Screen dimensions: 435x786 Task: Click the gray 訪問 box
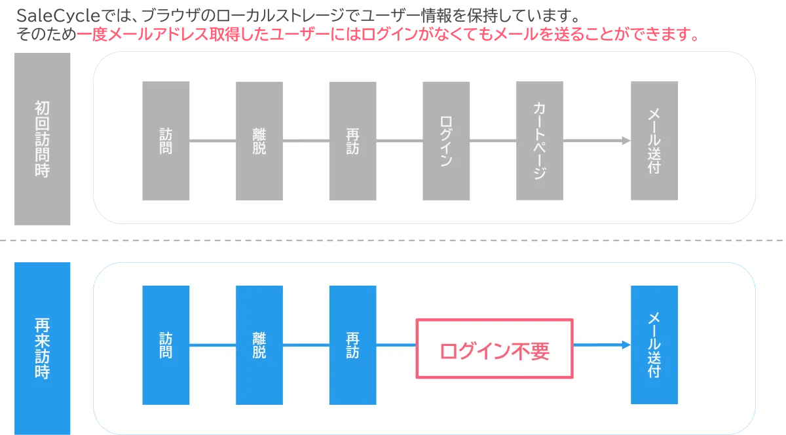(x=166, y=140)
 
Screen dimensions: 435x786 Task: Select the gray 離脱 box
(x=259, y=140)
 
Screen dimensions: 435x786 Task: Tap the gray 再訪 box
(x=353, y=140)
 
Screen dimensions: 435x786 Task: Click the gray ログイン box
(x=446, y=140)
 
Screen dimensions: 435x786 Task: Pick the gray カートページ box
(x=540, y=140)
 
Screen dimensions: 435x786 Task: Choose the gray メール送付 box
(x=654, y=140)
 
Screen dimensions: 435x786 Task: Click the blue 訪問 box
(x=166, y=345)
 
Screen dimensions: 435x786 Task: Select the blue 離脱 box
(x=259, y=345)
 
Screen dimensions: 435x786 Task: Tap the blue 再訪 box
(x=353, y=345)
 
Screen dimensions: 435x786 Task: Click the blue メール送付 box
(x=654, y=345)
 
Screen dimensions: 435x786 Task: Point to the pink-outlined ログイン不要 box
(x=495, y=349)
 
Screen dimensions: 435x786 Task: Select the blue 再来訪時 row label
(x=42, y=349)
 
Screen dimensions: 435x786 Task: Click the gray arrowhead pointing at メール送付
(x=626, y=140)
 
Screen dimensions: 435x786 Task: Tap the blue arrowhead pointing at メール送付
(x=626, y=345)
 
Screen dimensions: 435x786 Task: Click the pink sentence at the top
(x=386, y=35)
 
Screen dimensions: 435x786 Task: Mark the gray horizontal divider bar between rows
(x=393, y=241)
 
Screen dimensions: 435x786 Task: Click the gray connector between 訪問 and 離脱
(x=212, y=140)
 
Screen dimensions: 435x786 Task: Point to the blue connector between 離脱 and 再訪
(x=306, y=345)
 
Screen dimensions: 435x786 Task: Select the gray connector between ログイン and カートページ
(x=493, y=140)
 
